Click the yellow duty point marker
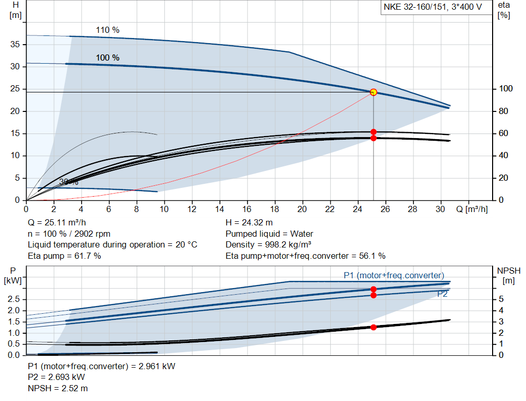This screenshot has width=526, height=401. coord(373,92)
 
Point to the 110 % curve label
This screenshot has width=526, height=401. coord(107,30)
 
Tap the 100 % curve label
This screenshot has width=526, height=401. coord(107,58)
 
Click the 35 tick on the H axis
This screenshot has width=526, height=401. coord(14,45)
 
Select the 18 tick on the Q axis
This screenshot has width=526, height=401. coord(274,209)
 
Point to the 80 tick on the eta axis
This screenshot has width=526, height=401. coord(504,111)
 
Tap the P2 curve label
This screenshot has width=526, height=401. coord(442,294)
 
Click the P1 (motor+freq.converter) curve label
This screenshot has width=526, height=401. coord(393,275)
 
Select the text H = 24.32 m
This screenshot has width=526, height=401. coord(249,223)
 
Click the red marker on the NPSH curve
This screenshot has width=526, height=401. coord(373,327)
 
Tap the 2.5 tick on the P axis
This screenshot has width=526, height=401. coord(14,299)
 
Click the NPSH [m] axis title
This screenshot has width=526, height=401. coord(509,275)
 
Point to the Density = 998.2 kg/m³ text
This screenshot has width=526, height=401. coord(272,244)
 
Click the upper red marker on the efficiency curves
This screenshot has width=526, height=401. coord(373,132)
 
